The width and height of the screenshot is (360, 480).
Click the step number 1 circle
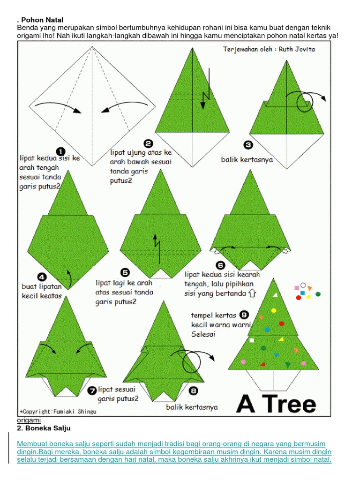point(60,151)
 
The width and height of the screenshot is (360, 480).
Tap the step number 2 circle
point(148,143)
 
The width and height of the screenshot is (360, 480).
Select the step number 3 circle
point(248,145)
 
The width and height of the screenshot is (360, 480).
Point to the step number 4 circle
point(42,277)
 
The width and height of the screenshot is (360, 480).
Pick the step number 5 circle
point(125,272)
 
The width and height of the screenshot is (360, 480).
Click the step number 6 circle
point(220,265)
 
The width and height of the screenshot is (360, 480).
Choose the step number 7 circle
point(92,390)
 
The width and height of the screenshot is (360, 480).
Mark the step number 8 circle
point(193,390)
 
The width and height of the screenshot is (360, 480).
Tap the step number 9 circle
point(244,315)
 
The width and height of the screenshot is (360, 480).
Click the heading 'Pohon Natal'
point(42,20)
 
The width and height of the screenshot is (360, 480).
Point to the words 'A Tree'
point(276,403)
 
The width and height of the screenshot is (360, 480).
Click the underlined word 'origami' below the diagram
point(29,420)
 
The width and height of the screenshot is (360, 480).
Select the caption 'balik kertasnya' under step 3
point(247,160)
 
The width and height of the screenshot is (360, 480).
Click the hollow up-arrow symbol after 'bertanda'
point(253,293)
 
